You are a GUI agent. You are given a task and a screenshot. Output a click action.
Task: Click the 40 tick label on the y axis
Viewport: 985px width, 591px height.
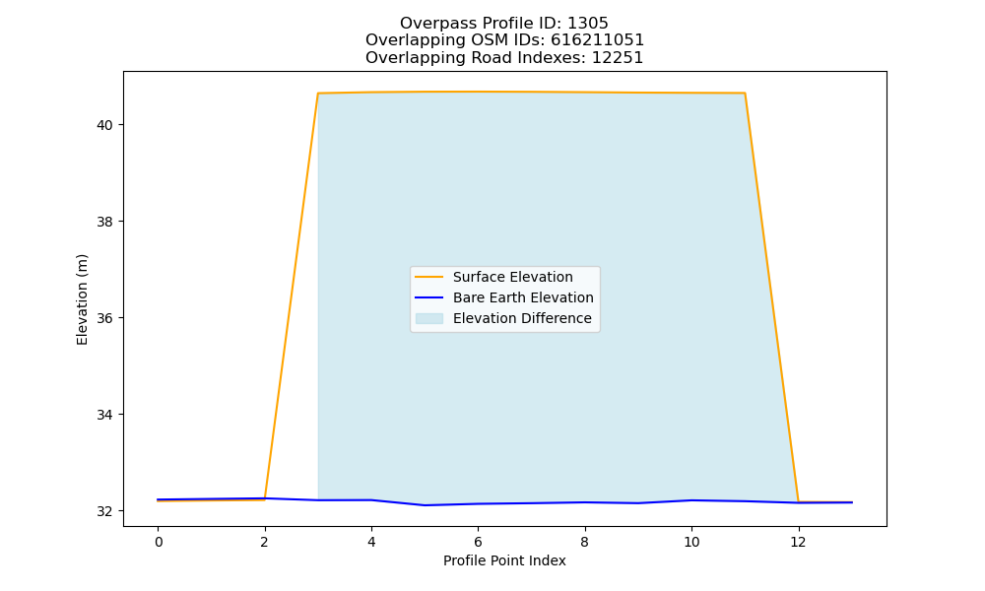click(x=104, y=125)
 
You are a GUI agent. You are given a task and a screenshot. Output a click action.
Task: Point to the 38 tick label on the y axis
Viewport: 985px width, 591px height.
click(x=104, y=222)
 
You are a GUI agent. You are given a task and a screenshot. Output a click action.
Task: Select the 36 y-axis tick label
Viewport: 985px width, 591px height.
click(x=104, y=318)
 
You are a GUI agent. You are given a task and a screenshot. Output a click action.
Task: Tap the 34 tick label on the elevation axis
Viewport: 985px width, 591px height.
click(x=104, y=415)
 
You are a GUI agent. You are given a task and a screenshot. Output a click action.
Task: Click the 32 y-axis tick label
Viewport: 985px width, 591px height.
click(x=104, y=511)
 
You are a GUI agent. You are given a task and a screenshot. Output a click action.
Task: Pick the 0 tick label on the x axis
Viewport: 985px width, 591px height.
click(x=159, y=542)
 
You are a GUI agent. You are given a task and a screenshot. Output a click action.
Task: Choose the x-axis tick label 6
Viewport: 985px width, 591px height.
click(x=478, y=542)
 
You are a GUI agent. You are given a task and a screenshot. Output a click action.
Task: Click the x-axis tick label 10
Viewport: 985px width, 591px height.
click(x=691, y=542)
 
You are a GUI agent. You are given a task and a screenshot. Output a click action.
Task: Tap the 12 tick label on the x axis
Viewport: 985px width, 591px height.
click(x=799, y=542)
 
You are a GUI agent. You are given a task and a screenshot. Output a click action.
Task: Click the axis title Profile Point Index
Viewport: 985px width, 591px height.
click(x=504, y=560)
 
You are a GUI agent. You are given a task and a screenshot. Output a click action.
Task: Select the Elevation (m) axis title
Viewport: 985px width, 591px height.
click(x=82, y=299)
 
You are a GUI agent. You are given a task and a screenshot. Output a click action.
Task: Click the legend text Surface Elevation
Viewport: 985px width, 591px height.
click(x=512, y=277)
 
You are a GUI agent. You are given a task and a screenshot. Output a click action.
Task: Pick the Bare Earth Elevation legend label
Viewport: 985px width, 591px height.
click(x=523, y=297)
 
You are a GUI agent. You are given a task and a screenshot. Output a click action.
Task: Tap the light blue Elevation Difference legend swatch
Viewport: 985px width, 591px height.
click(x=429, y=318)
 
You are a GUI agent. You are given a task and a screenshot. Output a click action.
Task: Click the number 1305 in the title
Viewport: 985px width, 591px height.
click(x=588, y=24)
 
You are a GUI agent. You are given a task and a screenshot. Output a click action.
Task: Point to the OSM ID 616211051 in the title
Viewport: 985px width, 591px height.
click(x=598, y=40)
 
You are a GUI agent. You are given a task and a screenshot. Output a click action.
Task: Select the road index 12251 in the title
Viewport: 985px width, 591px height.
click(x=618, y=58)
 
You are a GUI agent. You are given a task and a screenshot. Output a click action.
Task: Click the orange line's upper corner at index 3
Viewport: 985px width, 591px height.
click(x=318, y=94)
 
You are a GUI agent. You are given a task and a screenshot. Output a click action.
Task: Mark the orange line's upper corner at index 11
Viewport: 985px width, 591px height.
click(x=745, y=93)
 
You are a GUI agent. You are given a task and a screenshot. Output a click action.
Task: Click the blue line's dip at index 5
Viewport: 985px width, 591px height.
click(x=425, y=505)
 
